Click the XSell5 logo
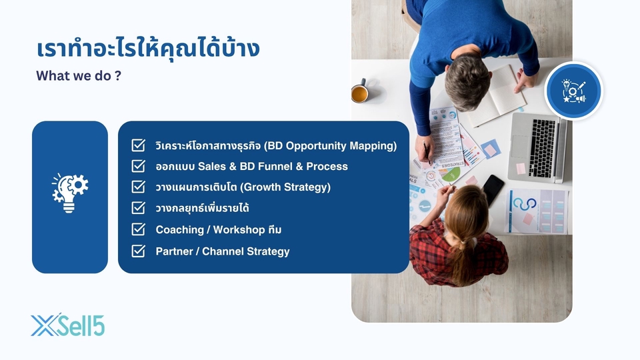(x=68, y=325)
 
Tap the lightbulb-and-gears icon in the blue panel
(x=70, y=193)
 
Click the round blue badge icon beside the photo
(x=573, y=91)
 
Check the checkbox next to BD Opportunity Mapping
(x=139, y=145)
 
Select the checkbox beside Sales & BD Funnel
(x=139, y=166)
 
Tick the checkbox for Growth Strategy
(x=139, y=187)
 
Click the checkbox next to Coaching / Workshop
(x=139, y=229)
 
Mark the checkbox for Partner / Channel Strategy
(x=139, y=251)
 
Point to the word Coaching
(x=179, y=230)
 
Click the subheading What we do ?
(x=79, y=76)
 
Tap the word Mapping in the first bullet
(x=374, y=146)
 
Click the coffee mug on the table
(x=360, y=91)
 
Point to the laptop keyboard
(x=541, y=148)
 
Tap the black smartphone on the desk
(x=493, y=190)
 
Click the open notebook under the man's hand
(x=496, y=96)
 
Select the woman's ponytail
(x=466, y=261)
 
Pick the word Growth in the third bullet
(x=261, y=187)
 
